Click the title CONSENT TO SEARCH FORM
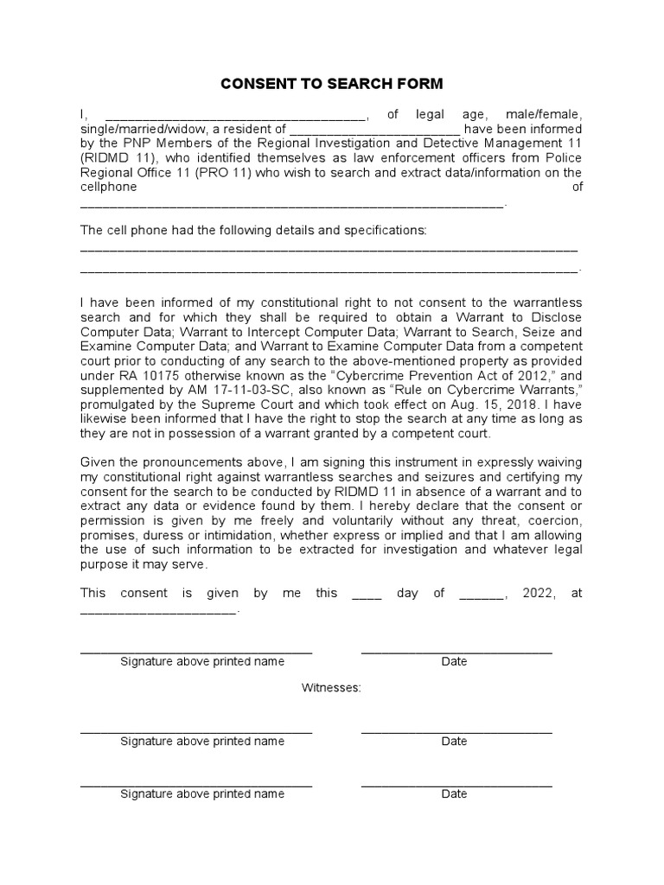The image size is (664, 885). point(332,84)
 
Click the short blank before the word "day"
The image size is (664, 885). point(367,595)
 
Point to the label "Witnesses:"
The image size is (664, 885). point(331,688)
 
